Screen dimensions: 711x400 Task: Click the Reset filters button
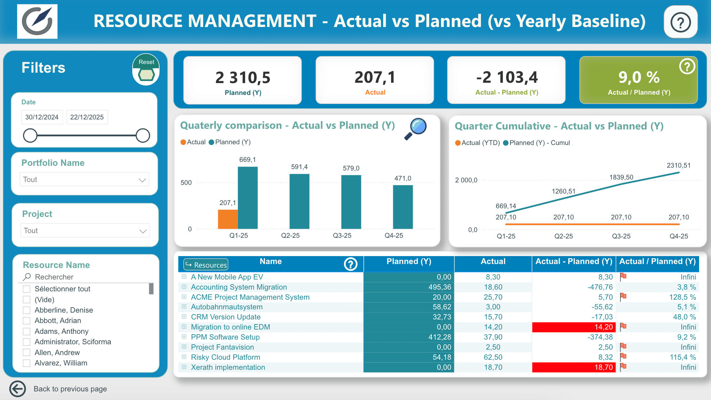pyautogui.click(x=146, y=69)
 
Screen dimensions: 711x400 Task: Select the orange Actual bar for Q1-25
pyautogui.click(x=228, y=219)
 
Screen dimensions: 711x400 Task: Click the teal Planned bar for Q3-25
pyautogui.click(x=351, y=202)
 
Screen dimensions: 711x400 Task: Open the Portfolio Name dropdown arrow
pyautogui.click(x=142, y=180)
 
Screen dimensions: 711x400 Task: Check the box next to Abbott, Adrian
pyautogui.click(x=27, y=321)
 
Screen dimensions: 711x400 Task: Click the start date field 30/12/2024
pyautogui.click(x=42, y=117)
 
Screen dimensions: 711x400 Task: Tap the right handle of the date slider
pyautogui.click(x=143, y=136)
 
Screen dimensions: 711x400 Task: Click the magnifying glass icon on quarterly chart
pyautogui.click(x=416, y=129)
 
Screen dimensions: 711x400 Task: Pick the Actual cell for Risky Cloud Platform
pyautogui.click(x=493, y=357)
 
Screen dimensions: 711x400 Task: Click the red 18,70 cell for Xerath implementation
pyautogui.click(x=574, y=367)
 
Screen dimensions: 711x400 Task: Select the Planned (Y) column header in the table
pyautogui.click(x=409, y=262)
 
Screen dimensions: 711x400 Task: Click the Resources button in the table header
pyautogui.click(x=206, y=265)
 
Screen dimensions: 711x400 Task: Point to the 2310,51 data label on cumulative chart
pyautogui.click(x=679, y=165)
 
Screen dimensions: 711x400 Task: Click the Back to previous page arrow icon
pyautogui.click(x=18, y=389)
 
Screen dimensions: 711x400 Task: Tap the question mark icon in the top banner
pyautogui.click(x=680, y=22)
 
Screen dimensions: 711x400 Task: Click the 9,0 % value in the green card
pyautogui.click(x=639, y=77)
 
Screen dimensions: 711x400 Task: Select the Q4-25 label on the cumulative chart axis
pyautogui.click(x=679, y=236)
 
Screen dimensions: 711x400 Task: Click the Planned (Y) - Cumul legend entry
pyautogui.click(x=537, y=143)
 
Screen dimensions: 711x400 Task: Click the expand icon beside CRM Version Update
pyautogui.click(x=184, y=317)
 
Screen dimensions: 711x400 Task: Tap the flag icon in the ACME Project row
pyautogui.click(x=623, y=297)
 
